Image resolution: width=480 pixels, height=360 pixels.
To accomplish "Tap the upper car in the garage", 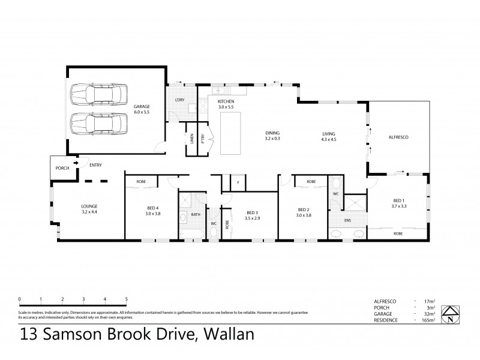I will [x=99, y=94].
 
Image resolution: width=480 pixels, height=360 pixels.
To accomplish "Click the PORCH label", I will [x=62, y=168].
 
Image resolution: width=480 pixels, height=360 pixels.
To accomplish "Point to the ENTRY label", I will [x=95, y=165].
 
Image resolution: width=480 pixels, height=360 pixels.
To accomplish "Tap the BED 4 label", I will [x=153, y=208].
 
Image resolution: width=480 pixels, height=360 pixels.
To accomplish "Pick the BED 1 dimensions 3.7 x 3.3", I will [x=400, y=206].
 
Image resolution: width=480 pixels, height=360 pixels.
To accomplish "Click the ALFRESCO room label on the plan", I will [x=399, y=138].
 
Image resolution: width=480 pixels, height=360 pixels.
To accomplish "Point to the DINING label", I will [x=273, y=133].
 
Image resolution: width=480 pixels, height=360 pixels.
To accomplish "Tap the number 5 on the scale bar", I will [x=126, y=298].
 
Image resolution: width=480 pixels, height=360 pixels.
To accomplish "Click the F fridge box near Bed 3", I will [x=238, y=182].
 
